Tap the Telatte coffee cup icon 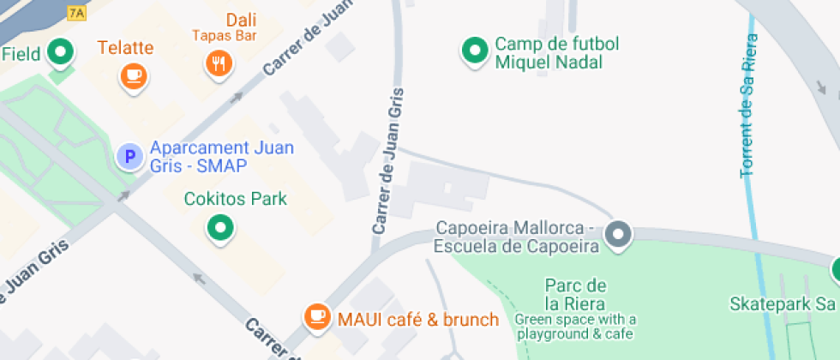(133, 75)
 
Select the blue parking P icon (129, 157)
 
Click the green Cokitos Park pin (220, 228)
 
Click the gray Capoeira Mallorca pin (618, 234)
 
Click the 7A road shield (77, 12)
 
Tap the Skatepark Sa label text (782, 303)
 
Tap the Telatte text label (125, 47)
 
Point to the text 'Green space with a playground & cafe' (575, 327)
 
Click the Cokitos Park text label (236, 199)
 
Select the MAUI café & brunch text (418, 320)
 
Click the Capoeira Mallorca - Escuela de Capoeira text (515, 237)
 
